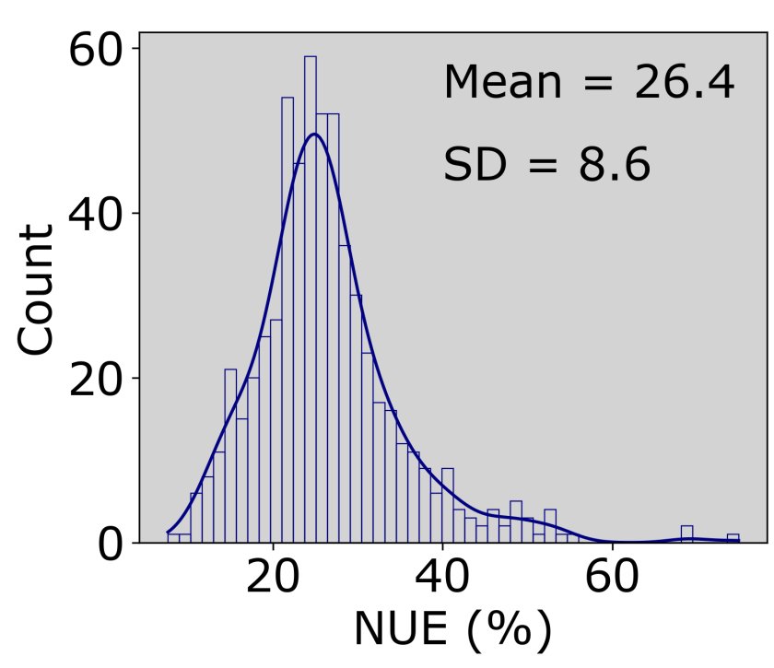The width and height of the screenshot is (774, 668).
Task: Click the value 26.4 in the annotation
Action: click(x=684, y=84)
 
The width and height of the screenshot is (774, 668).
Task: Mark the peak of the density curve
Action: click(x=314, y=134)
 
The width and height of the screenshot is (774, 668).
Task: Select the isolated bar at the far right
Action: click(x=733, y=538)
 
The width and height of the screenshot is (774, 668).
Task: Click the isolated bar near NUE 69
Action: click(x=686, y=534)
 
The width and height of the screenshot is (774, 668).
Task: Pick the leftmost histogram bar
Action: click(x=173, y=538)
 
